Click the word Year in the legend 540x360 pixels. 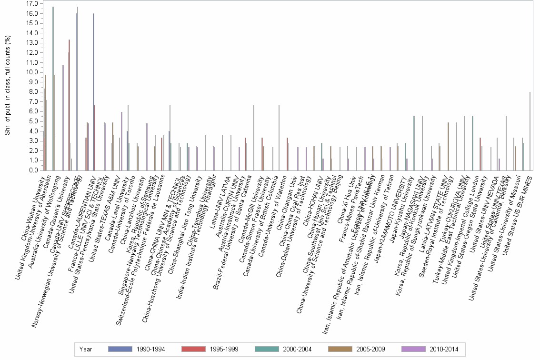[x=86, y=349]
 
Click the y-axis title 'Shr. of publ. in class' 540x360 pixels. [x=8, y=86]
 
